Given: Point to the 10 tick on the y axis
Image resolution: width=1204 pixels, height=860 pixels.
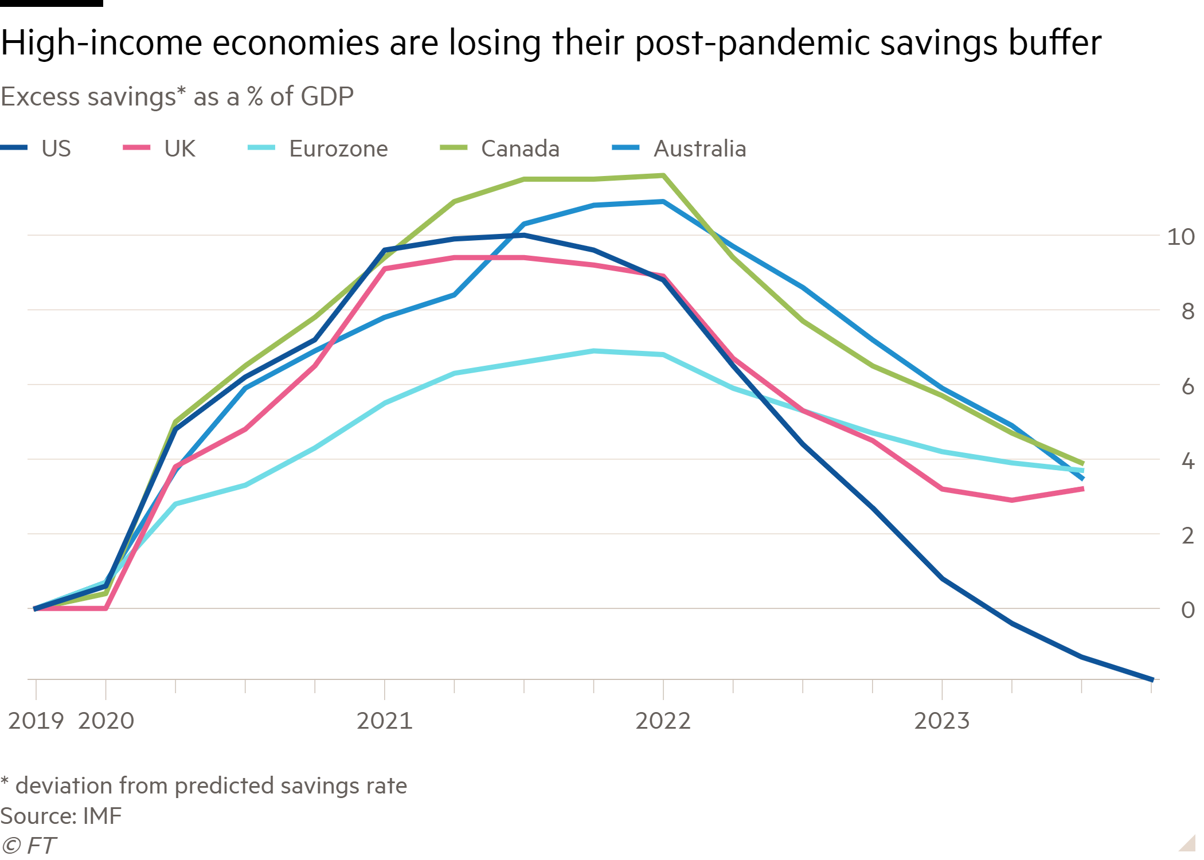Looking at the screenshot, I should coord(1180,237).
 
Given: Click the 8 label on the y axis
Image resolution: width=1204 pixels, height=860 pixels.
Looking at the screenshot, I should coord(1187,312).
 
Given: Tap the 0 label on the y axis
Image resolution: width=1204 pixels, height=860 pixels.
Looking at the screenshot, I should coord(1187,610).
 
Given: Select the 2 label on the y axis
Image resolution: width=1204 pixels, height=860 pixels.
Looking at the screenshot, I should coord(1187,535).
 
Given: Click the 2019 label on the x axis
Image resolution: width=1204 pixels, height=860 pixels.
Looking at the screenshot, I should coord(36,721).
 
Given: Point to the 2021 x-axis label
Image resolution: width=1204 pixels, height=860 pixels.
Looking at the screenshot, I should coord(384,721).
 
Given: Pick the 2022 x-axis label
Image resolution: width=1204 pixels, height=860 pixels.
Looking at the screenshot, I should coord(663,721).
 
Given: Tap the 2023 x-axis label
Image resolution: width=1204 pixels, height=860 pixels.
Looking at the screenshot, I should coord(941,721).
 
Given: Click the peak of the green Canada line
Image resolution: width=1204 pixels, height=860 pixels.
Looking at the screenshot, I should coord(663,175).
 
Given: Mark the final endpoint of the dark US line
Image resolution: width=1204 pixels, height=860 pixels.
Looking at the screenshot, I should coord(1152,679).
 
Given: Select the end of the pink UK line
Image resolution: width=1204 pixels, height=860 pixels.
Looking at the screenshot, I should coord(1082,488).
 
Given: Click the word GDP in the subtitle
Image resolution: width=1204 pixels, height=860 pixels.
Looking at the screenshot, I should coord(327,96).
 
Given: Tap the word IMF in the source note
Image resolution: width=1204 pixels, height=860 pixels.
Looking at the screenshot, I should coord(103,816).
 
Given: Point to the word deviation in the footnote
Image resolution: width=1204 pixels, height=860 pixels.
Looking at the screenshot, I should coord(63,785).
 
